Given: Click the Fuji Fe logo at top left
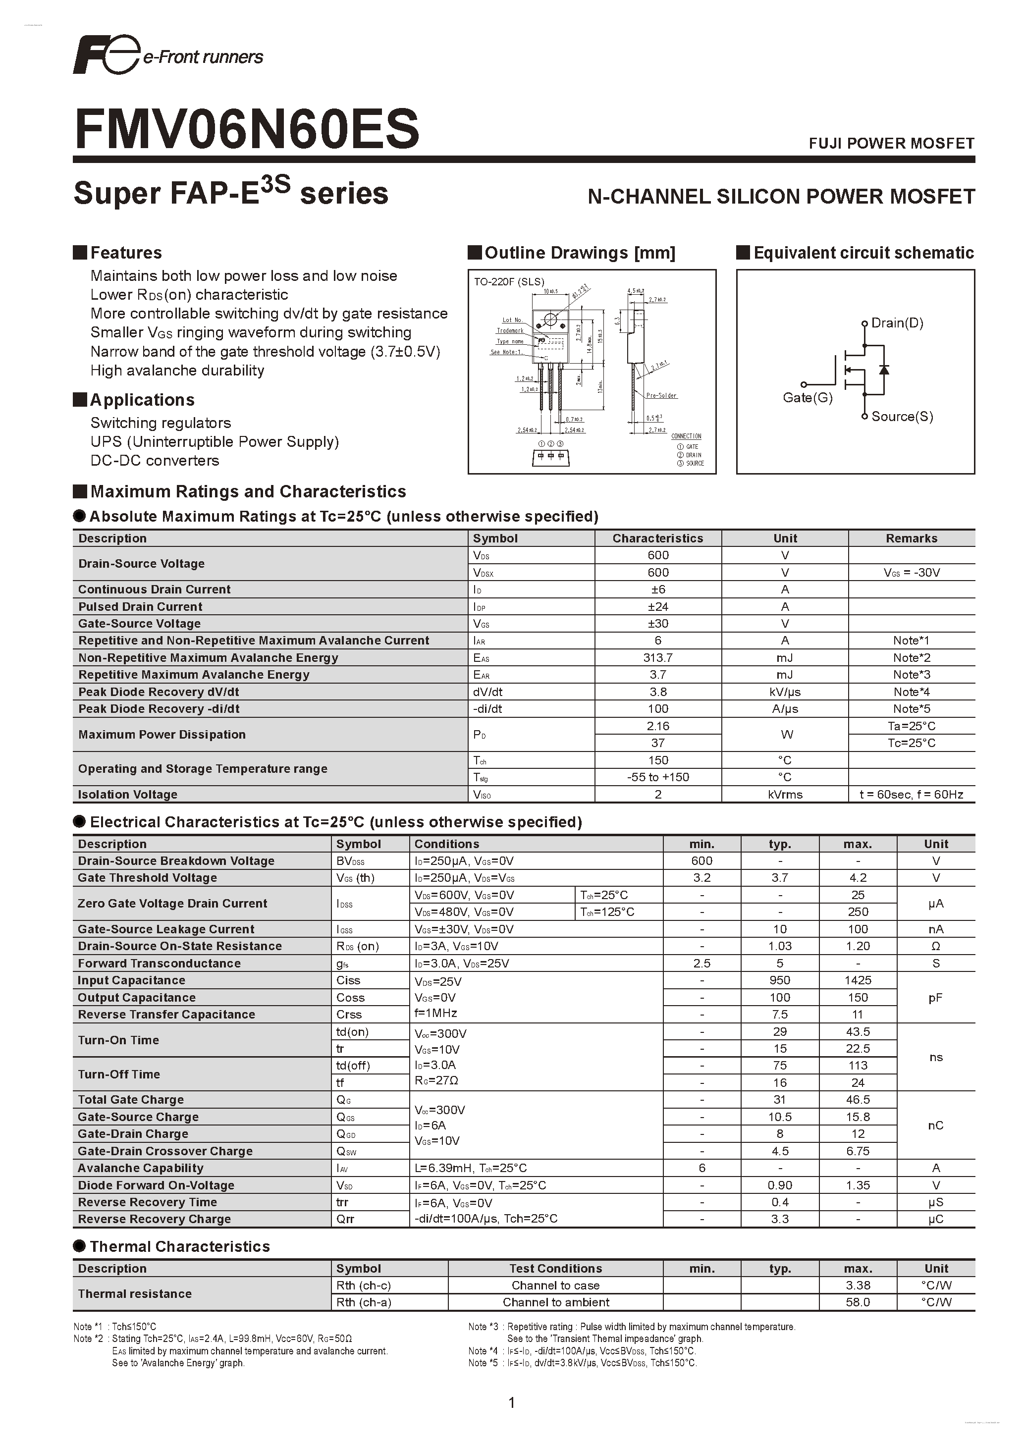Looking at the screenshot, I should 106,55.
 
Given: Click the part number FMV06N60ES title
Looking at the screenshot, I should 247,129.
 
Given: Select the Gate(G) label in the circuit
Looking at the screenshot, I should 807,397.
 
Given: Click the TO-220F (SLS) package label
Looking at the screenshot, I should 509,282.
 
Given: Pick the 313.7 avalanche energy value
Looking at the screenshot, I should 658,657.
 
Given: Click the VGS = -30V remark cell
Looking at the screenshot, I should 911,573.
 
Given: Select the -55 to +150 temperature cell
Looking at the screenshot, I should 658,777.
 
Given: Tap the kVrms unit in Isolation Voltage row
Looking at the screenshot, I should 785,795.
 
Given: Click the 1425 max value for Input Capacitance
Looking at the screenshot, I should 858,980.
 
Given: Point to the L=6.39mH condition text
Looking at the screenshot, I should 470,1168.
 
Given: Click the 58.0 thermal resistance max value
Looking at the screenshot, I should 858,1302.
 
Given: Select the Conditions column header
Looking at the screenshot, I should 446,844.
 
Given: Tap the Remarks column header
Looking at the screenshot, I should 911,538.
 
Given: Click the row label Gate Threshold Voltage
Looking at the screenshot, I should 147,878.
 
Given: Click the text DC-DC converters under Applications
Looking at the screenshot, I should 155,460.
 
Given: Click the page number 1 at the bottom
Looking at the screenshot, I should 511,1402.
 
